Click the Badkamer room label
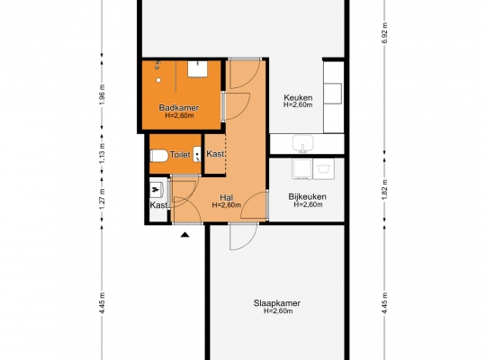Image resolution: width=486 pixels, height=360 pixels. [179, 108]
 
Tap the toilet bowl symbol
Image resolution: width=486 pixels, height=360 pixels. [159, 156]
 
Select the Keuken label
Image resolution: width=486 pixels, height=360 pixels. [298, 98]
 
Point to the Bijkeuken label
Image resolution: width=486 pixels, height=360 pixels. [307, 196]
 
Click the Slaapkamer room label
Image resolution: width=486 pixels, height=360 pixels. [277, 303]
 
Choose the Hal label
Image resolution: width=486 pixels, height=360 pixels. [226, 197]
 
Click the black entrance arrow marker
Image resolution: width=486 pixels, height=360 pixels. [185, 235]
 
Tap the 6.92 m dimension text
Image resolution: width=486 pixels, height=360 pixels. [384, 33]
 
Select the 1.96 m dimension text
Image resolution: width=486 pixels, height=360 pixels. [103, 94]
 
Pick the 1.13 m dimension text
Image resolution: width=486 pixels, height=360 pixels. [103, 153]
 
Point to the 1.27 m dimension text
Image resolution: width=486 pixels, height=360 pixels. [103, 198]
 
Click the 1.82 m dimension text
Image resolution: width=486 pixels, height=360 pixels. [384, 190]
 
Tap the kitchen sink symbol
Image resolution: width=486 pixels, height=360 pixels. [302, 144]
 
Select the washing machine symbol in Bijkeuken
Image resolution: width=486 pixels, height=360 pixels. [324, 168]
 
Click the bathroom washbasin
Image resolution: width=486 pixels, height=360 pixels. [197, 69]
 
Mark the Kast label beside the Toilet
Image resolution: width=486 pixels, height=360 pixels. [215, 154]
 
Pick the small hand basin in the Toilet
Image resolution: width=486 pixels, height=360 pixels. [197, 155]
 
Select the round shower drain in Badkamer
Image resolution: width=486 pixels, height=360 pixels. [158, 80]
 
